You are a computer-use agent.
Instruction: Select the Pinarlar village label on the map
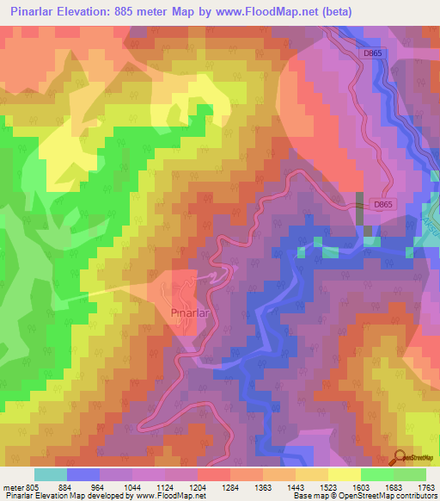pyautogui.click(x=192, y=312)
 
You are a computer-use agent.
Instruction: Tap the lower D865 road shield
pyautogui.click(x=383, y=204)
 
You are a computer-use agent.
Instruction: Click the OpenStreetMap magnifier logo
pyautogui.click(x=400, y=458)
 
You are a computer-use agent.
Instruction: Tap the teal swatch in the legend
pyautogui.click(x=50, y=474)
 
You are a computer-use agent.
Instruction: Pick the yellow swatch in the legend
pyautogui.click(x=344, y=474)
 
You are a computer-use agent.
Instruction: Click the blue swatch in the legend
pyautogui.click(x=82, y=474)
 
